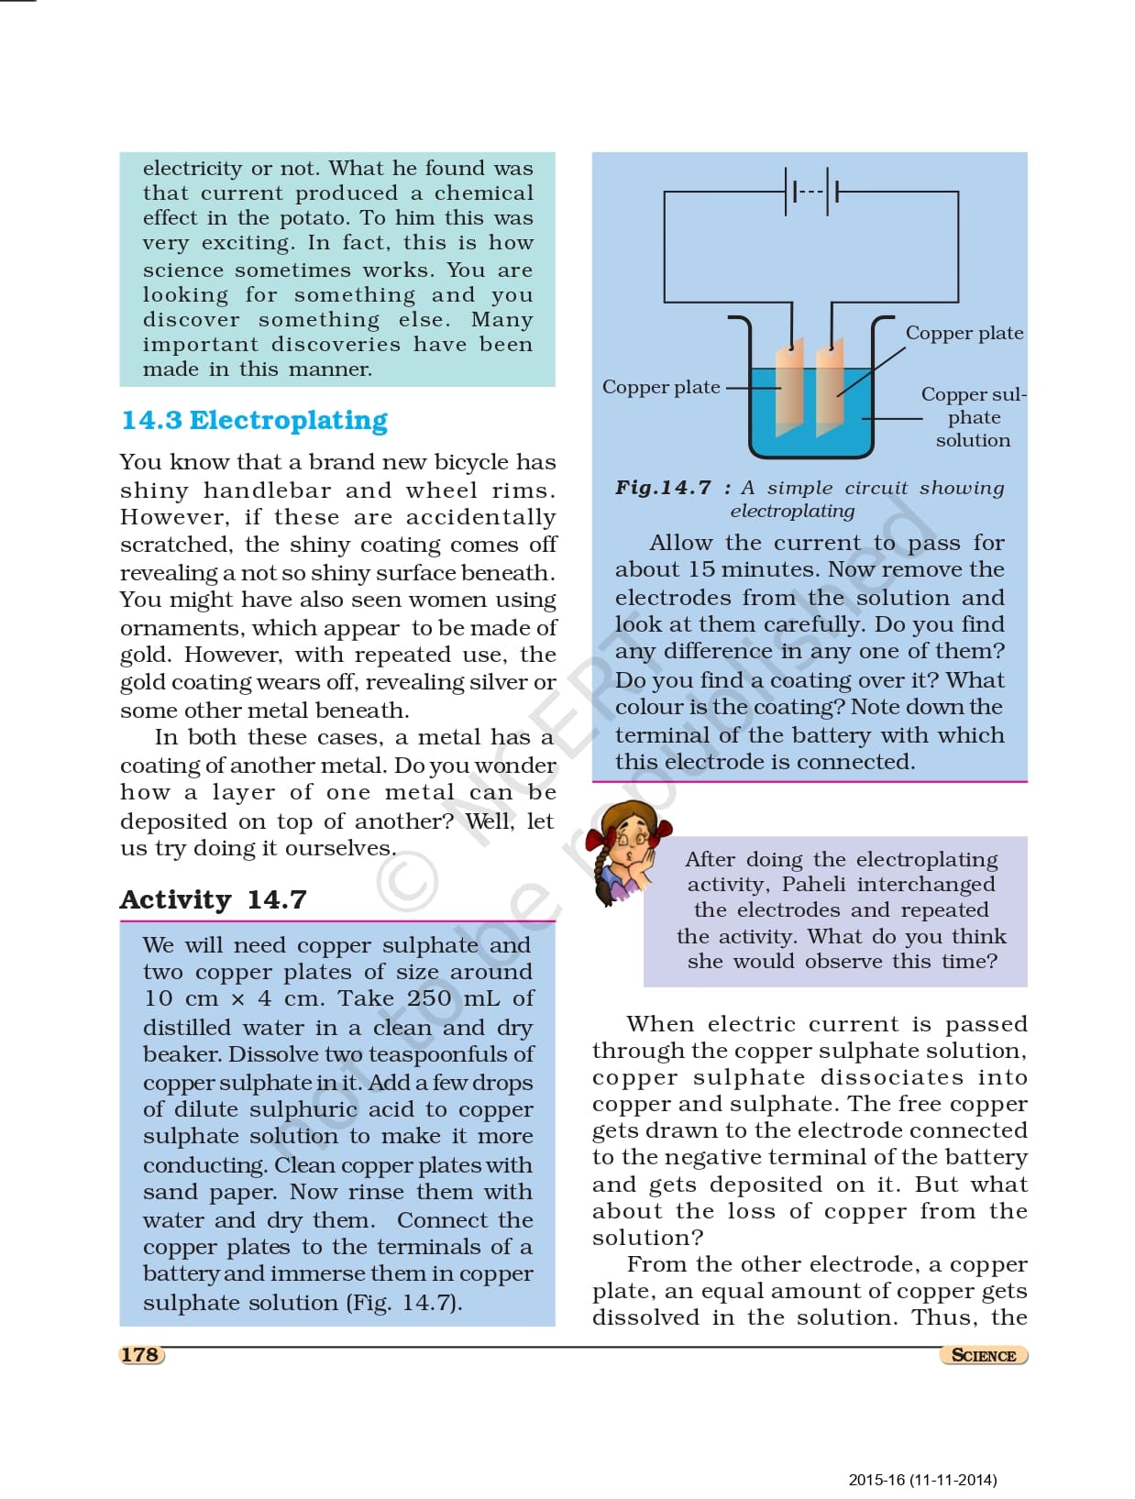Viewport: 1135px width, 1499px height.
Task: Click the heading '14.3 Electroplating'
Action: (x=254, y=420)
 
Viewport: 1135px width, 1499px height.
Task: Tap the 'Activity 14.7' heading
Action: (x=213, y=899)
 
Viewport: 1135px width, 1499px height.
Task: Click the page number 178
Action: (x=140, y=1354)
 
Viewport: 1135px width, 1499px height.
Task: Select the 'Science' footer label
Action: (x=983, y=1355)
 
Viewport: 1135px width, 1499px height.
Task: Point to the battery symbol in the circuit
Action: (x=811, y=192)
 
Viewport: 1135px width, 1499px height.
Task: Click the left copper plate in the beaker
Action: (x=788, y=390)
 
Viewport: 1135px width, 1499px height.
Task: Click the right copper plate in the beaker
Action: (x=829, y=390)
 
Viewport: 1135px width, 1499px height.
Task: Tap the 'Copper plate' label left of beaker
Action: (x=661, y=387)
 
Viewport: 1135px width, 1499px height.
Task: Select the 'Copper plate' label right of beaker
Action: (x=964, y=333)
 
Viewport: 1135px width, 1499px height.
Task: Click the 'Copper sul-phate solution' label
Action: (x=974, y=417)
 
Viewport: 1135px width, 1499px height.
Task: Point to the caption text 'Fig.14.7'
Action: (x=663, y=488)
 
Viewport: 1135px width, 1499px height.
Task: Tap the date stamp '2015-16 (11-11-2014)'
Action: (x=922, y=1480)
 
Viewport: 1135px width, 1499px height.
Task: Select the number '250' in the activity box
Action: (x=429, y=998)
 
